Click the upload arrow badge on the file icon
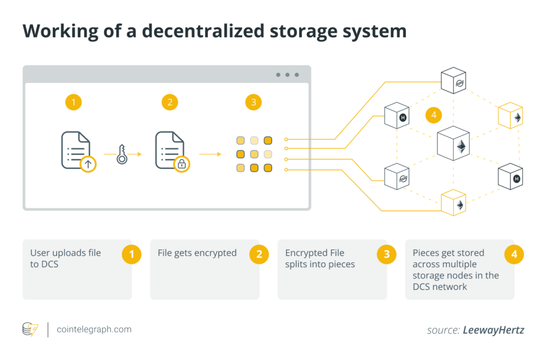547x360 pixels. coord(88,164)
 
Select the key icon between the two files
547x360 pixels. coord(122,154)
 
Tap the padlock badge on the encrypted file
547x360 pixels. coord(182,164)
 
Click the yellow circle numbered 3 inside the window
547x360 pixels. coord(253,102)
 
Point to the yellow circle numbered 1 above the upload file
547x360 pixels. coord(73,102)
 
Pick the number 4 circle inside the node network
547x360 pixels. coord(434,115)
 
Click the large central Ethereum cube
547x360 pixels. coord(454,144)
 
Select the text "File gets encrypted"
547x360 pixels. coord(197,253)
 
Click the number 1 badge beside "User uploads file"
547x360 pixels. coord(131,254)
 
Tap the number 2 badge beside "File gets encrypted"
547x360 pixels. coord(259,254)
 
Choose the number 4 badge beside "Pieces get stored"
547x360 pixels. coord(514,254)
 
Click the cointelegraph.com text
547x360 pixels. coord(94,329)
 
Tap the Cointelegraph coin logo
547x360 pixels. coord(30,330)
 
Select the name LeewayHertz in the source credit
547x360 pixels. coord(494,330)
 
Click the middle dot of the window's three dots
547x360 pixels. coord(287,75)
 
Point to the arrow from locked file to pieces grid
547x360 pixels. coord(210,154)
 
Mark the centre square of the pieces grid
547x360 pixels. coord(254,154)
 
